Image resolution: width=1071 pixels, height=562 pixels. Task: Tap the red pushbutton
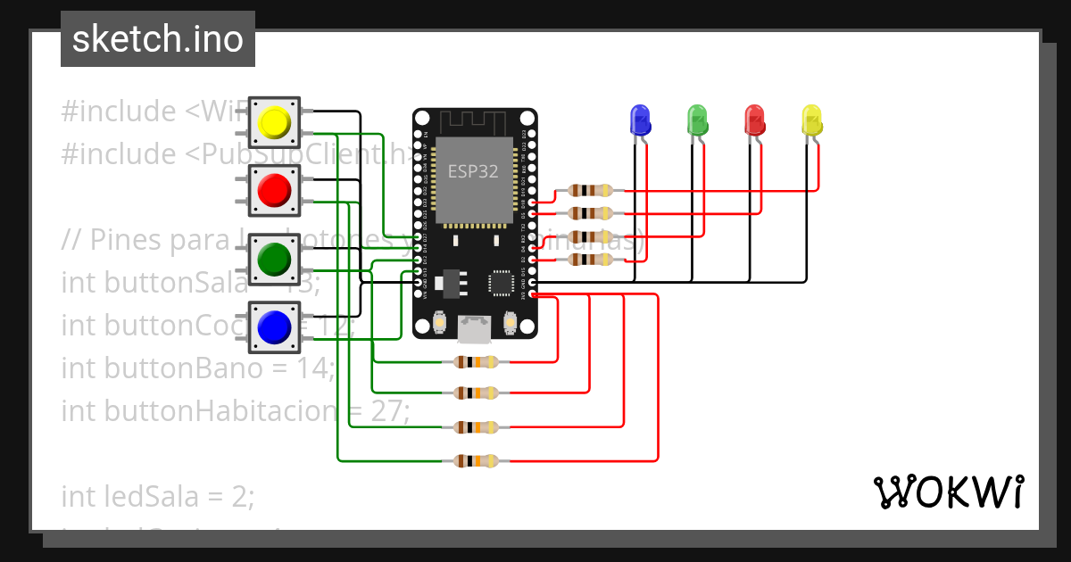coord(273,190)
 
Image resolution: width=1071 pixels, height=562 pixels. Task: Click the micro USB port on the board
coord(474,330)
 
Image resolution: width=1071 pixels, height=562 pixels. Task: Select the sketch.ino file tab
coord(158,40)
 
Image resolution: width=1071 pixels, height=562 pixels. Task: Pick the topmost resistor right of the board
coord(590,190)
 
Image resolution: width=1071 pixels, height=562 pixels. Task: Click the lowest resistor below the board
coord(477,461)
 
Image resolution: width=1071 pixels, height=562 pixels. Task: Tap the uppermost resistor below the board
coord(477,361)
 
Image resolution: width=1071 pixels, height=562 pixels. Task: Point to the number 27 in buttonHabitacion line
coord(386,411)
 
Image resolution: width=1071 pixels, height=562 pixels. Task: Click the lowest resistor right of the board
coord(590,260)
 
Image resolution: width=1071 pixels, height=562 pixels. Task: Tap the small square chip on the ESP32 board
coord(500,283)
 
